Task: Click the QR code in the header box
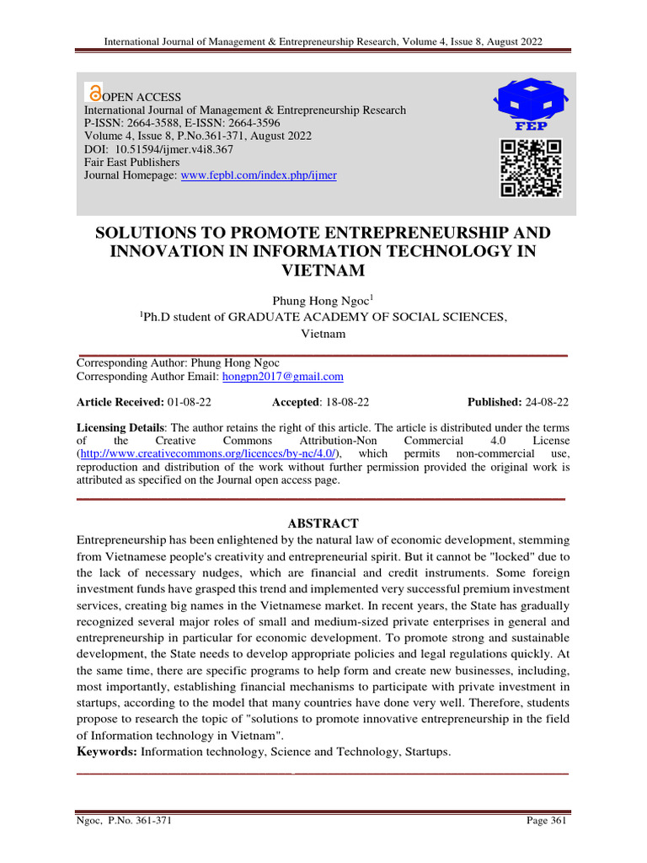[x=530, y=168]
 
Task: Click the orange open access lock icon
[x=95, y=94]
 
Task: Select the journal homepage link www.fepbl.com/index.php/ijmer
[x=259, y=175]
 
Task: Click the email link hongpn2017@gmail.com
[x=282, y=377]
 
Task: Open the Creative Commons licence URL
[x=208, y=453]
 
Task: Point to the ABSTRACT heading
[x=323, y=523]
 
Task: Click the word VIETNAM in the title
[x=323, y=271]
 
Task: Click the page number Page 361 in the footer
[x=548, y=822]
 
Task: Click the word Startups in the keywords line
[x=427, y=751]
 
